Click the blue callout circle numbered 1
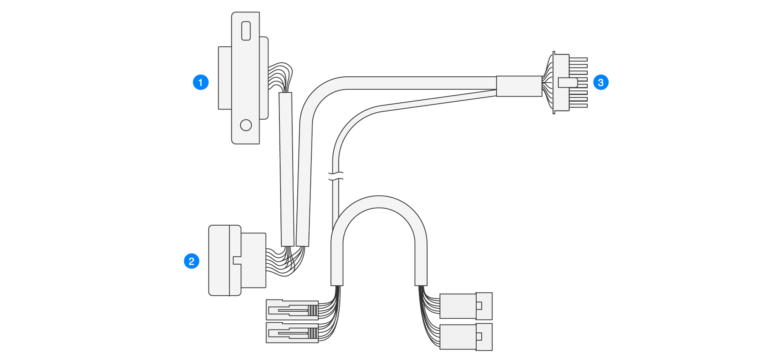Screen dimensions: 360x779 [201, 82]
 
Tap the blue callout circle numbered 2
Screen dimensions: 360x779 [191, 261]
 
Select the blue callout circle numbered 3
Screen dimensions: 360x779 [601, 82]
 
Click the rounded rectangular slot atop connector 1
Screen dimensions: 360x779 [246, 31]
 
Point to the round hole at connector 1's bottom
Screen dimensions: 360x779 [246, 125]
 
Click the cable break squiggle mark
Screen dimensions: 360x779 [336, 176]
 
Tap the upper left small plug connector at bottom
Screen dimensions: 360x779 [292, 310]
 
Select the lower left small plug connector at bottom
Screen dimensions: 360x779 [292, 333]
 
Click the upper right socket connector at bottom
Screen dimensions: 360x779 [465, 306]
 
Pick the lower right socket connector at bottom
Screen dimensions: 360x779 [465, 337]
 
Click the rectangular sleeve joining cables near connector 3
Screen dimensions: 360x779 [519, 86]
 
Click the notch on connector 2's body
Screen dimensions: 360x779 [236, 260]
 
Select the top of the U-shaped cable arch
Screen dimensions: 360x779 [379, 202]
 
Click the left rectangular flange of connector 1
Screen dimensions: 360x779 [225, 78]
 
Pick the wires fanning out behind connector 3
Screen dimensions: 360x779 [548, 83]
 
